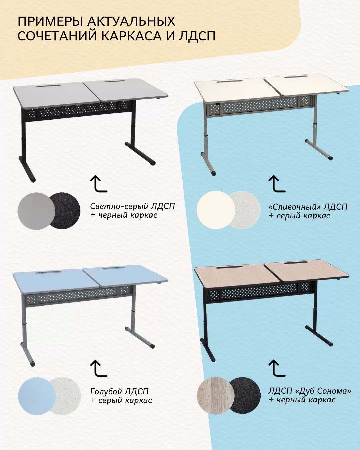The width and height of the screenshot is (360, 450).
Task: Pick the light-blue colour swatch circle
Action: (x=37, y=396)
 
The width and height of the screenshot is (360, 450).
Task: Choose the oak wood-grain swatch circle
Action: (x=215, y=396)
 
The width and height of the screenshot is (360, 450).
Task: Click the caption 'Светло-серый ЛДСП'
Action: (x=132, y=207)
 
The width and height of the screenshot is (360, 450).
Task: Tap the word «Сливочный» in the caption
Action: (x=295, y=207)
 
